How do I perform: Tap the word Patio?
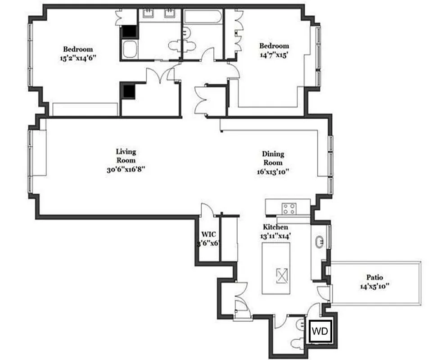click(x=374, y=278)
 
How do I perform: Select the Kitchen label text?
click(x=275, y=227)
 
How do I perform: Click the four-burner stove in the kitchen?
click(x=289, y=209)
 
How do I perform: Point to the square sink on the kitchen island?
click(x=282, y=275)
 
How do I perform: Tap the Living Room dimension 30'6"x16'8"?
click(x=126, y=169)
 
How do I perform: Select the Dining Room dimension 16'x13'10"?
click(x=273, y=171)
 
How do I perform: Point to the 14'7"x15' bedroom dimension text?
click(x=274, y=54)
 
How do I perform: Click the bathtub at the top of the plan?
click(x=203, y=18)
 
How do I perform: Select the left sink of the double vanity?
click(x=148, y=14)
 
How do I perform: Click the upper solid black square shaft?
click(x=130, y=31)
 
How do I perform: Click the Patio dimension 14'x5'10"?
click(x=374, y=286)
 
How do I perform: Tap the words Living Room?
click(x=126, y=156)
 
